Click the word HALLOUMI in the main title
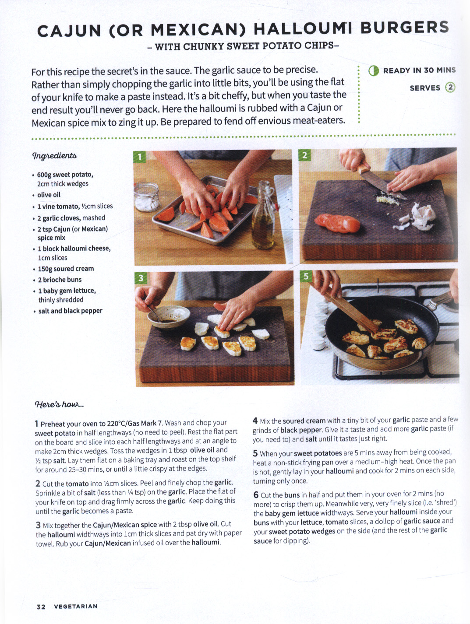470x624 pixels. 303,28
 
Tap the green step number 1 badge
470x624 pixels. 140,157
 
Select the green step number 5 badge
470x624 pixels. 306,276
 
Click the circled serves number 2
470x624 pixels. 450,87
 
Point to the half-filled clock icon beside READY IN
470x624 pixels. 374,71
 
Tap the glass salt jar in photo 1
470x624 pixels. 147,197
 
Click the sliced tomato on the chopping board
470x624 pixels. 337,223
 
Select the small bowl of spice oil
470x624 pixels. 169,316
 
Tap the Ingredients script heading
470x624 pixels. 54,156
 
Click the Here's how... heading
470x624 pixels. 59,404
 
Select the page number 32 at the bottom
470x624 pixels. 41,606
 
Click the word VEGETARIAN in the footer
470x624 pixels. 76,606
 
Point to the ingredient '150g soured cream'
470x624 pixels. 66,269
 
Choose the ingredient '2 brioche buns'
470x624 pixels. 60,280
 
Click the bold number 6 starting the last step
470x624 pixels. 256,495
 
